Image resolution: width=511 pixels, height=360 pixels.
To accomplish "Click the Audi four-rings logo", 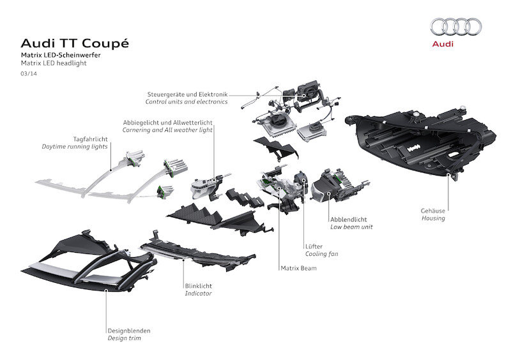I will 455,26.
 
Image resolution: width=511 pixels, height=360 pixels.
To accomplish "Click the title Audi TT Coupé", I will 75,43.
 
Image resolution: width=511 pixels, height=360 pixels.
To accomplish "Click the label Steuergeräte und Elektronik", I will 187,94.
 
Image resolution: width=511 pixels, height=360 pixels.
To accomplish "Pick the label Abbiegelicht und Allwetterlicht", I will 169,122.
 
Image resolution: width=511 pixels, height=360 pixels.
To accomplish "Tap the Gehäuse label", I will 434,210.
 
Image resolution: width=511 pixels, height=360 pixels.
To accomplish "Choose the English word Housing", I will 432,218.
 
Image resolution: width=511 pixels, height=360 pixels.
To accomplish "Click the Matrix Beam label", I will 298,269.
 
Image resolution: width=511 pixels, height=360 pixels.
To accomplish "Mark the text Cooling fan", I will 322,254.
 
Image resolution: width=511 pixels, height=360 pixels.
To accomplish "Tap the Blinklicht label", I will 199,285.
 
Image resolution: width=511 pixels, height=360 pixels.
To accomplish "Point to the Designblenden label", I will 129,331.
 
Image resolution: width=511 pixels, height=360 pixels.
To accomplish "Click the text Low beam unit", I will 351,227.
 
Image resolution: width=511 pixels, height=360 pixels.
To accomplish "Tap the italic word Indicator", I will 198,294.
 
